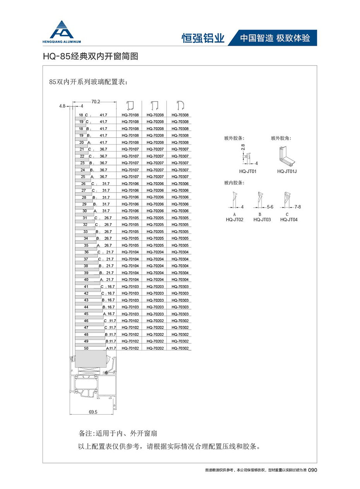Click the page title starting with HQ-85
click(x=91, y=57)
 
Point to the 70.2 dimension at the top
click(x=96, y=102)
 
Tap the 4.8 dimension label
click(x=62, y=105)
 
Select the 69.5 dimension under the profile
click(x=93, y=412)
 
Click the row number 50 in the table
click(x=86, y=348)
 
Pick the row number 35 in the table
click(x=86, y=245)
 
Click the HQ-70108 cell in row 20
click(x=130, y=143)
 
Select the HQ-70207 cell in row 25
click(x=155, y=177)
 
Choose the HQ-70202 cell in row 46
click(x=155, y=321)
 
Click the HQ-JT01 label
click(x=248, y=171)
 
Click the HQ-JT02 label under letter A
click(x=234, y=219)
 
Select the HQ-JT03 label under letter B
click(x=261, y=219)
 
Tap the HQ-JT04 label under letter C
click(x=288, y=219)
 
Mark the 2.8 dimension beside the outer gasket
click(x=243, y=147)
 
